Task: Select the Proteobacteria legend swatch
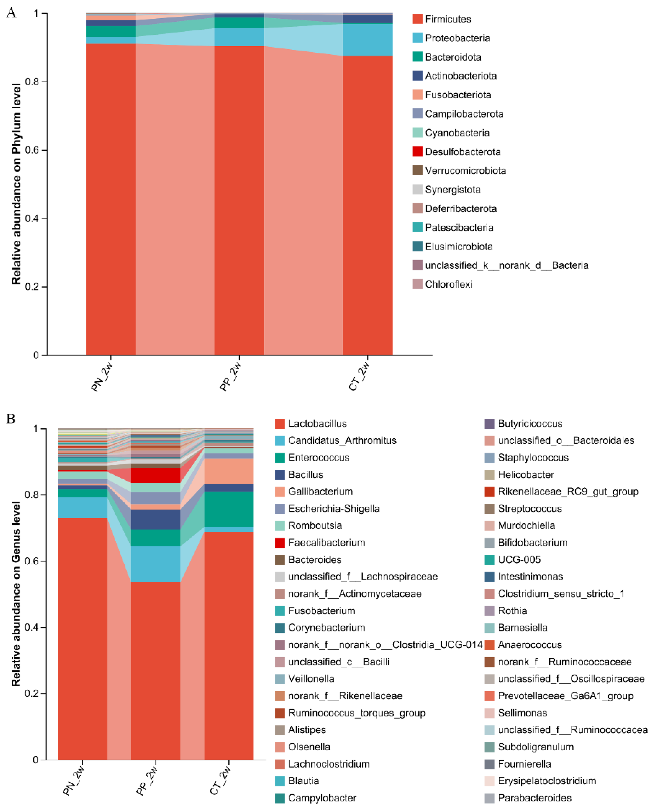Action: [417, 38]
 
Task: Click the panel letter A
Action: [11, 13]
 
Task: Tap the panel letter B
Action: [11, 419]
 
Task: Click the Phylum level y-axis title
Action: [16, 184]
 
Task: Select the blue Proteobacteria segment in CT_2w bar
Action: [367, 40]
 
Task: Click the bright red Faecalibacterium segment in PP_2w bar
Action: [156, 475]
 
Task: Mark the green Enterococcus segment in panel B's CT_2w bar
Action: [229, 509]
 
